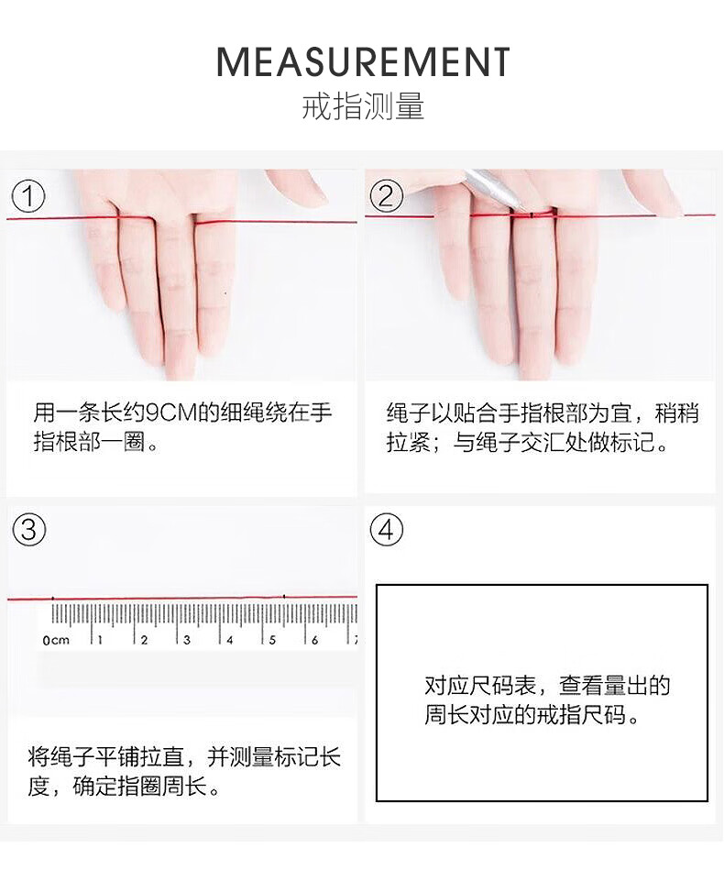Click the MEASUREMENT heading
[363, 61]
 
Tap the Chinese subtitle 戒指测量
[363, 106]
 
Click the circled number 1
[27, 196]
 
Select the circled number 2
[386, 196]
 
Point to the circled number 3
[28, 529]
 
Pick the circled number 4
[386, 529]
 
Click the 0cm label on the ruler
[56, 640]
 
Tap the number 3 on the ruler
[187, 640]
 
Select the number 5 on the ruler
[272, 640]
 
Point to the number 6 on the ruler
[315, 640]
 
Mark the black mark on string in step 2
[531, 215]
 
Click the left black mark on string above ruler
[53, 599]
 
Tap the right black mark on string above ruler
[284, 597]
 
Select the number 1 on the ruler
[101, 640]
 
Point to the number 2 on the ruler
[144, 640]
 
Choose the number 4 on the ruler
[230, 640]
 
